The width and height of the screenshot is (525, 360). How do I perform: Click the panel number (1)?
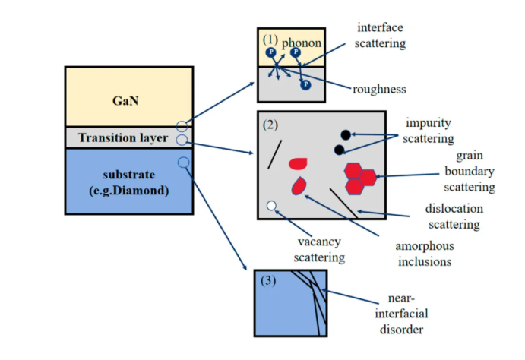[271, 38]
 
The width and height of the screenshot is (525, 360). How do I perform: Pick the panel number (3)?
[270, 281]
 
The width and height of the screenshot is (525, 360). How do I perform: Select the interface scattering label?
[381, 35]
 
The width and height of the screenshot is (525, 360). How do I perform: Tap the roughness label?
[379, 89]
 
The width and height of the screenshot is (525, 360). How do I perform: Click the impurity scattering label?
[429, 131]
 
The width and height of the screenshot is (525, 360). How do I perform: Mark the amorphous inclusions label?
[423, 254]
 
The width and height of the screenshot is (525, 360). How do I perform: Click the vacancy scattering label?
[318, 250]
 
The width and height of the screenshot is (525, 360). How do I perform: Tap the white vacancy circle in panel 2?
[271, 204]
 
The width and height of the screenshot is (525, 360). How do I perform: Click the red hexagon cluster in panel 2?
[359, 178]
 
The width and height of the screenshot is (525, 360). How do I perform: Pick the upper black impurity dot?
[346, 134]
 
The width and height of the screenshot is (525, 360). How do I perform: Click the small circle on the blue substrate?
[182, 162]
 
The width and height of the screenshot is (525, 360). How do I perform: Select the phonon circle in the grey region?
[305, 84]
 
